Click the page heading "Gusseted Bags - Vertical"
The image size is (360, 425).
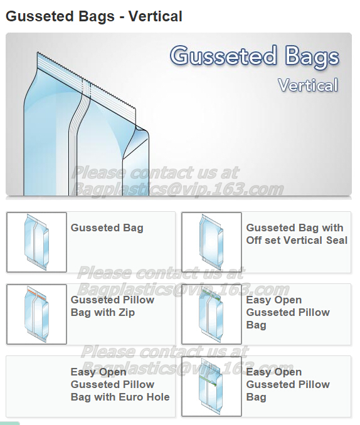pyautogui.click(x=94, y=16)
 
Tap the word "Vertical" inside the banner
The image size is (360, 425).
pyautogui.click(x=308, y=85)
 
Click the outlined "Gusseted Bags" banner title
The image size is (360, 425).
pyautogui.click(x=255, y=56)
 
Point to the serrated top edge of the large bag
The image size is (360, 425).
pyautogui.click(x=87, y=81)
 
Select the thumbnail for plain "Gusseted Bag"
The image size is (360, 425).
pyautogui.click(x=36, y=242)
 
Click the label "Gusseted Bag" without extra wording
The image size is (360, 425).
pyautogui.click(x=107, y=228)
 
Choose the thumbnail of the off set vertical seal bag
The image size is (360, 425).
pyautogui.click(x=211, y=242)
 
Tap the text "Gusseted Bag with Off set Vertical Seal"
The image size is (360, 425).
pyautogui.click(x=297, y=234)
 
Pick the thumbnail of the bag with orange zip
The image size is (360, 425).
pyautogui.click(x=36, y=314)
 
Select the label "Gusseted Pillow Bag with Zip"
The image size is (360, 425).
pyautogui.click(x=112, y=306)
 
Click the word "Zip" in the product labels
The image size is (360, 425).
pyautogui.click(x=127, y=313)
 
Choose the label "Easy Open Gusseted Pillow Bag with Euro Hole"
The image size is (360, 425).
pyautogui.click(x=120, y=384)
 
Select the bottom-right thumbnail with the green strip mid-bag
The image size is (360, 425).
pyautogui.click(x=211, y=386)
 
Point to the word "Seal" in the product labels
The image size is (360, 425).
pyautogui.click(x=337, y=241)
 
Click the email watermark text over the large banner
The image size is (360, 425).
pyautogui.click(x=179, y=189)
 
